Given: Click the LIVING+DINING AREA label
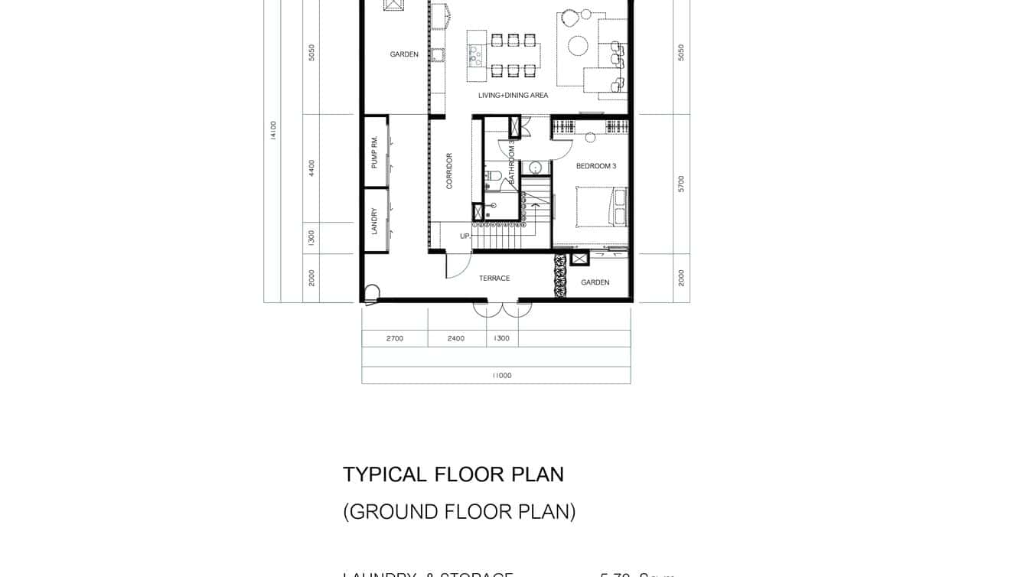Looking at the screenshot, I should tap(513, 96).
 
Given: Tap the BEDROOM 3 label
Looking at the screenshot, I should tap(595, 166).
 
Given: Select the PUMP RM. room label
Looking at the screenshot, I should tap(374, 152).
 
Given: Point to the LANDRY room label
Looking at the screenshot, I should tap(374, 221).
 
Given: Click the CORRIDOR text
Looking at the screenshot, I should tap(449, 171).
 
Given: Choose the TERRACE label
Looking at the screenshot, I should tap(494, 279).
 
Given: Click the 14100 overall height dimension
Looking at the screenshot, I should tap(273, 130).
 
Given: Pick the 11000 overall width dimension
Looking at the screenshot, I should tap(501, 376).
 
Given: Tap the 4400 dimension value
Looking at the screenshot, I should tap(311, 168).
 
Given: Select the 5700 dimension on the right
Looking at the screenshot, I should tap(681, 184).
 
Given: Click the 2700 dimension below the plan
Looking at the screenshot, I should tap(394, 338).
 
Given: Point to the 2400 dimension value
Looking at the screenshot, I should tap(455, 338).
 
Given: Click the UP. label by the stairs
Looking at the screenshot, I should tap(465, 236).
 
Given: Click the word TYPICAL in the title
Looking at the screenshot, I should tap(385, 474).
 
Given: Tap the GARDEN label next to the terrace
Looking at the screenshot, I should tap(595, 282).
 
